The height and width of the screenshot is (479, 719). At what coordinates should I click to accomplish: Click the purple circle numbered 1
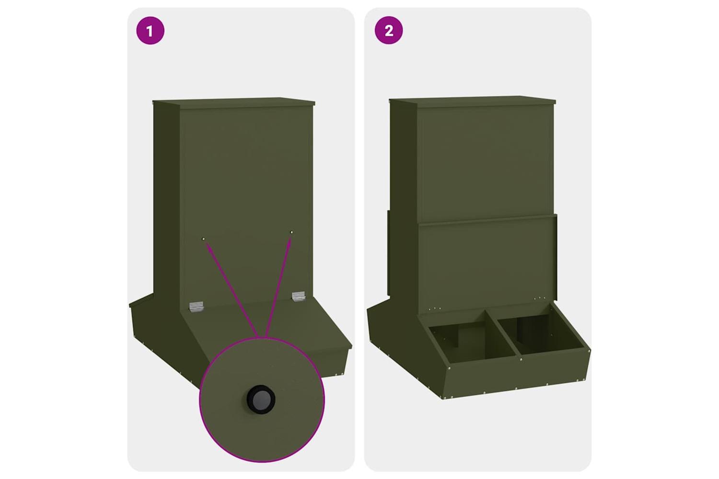click(x=150, y=31)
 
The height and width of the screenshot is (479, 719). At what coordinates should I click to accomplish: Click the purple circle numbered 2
click(x=389, y=31)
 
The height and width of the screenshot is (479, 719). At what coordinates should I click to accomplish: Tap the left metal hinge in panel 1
click(x=197, y=306)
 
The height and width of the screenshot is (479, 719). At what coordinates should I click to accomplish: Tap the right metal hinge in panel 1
click(x=299, y=296)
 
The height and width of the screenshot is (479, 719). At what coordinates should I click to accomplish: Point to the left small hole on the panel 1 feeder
click(x=203, y=239)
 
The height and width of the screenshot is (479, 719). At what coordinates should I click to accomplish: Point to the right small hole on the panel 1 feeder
click(x=291, y=232)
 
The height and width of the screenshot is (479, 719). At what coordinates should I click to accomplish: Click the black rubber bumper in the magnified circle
click(x=261, y=399)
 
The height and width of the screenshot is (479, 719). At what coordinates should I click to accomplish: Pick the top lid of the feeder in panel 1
click(x=233, y=103)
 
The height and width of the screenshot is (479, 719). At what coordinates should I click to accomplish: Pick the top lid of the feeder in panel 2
click(x=473, y=102)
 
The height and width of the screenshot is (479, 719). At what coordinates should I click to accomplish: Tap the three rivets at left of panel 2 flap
click(x=435, y=308)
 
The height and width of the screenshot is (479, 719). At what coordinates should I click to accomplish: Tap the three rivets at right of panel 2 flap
click(x=540, y=298)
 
